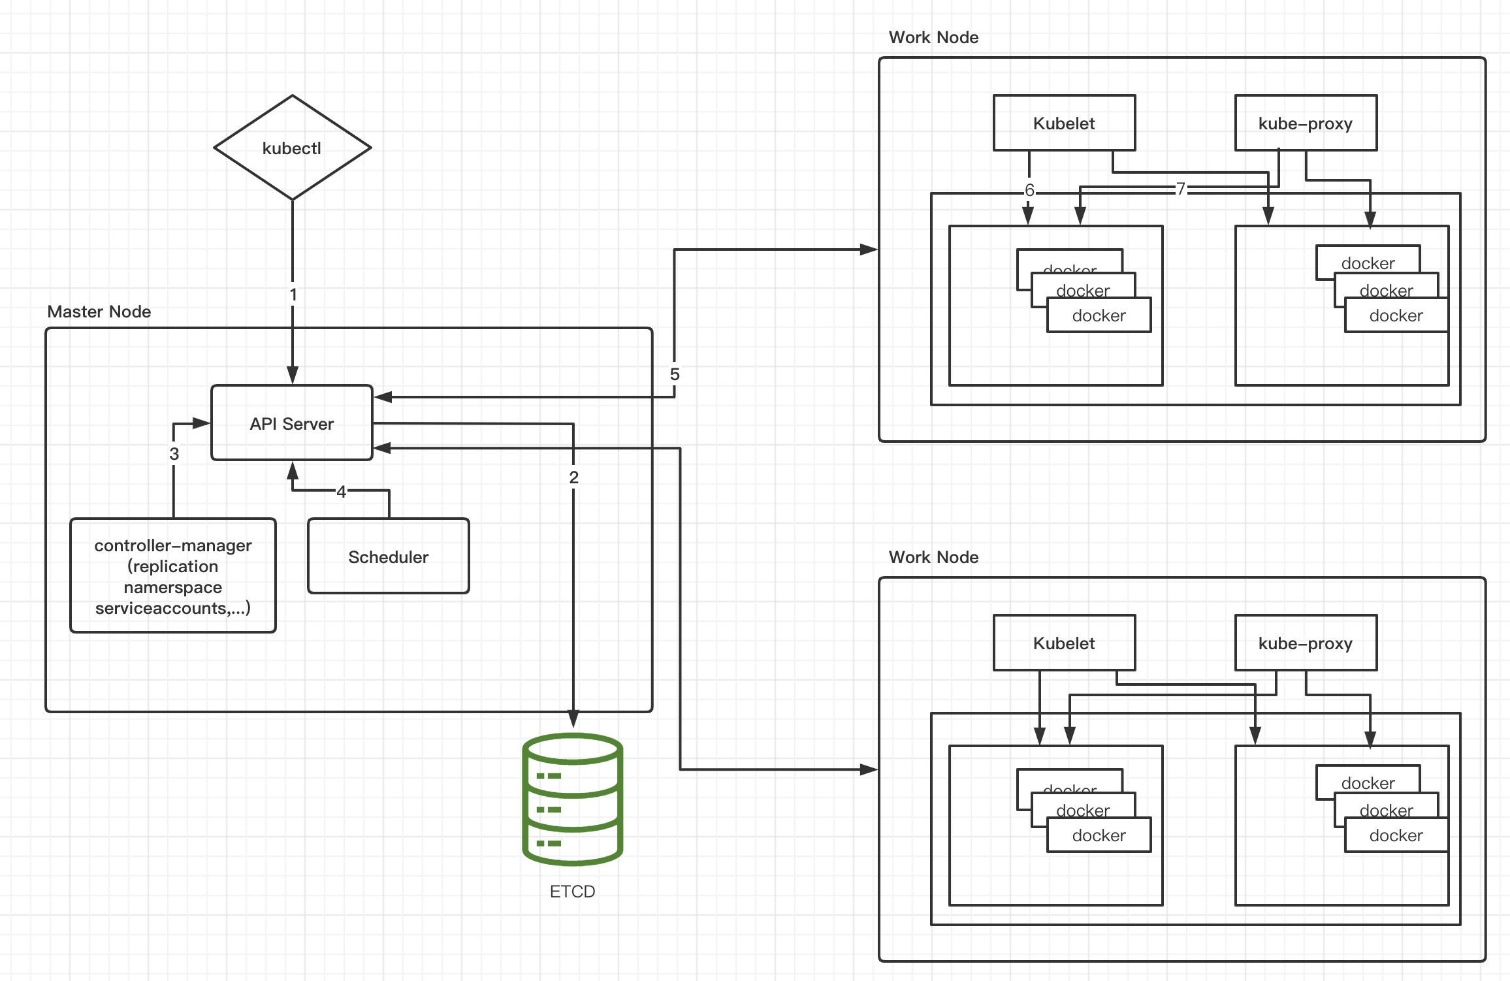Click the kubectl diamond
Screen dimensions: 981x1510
[x=292, y=148]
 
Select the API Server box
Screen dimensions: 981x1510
[x=292, y=423]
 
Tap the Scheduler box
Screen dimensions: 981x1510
[x=388, y=556]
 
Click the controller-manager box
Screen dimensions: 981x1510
[x=173, y=576]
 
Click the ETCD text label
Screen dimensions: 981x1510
[x=572, y=892]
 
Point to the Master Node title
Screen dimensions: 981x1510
[x=99, y=312]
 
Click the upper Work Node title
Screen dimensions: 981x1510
[x=933, y=37]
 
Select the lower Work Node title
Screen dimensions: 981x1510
[x=933, y=557]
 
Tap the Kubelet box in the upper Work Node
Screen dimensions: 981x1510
[x=1064, y=123]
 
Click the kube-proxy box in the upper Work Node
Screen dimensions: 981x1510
[x=1306, y=123]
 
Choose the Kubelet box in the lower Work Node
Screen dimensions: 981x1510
[x=1064, y=643]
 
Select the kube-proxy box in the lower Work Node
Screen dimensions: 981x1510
[x=1306, y=643]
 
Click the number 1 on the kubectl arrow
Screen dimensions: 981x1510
[x=293, y=295]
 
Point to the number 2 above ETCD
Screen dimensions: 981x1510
[x=573, y=477]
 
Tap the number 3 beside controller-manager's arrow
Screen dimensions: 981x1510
[x=174, y=454]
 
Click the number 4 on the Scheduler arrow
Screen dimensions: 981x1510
[x=341, y=492]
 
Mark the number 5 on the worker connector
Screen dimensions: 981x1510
[x=675, y=374]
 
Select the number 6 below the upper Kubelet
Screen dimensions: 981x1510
[x=1029, y=190]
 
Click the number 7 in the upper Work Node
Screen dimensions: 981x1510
[x=1180, y=189]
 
